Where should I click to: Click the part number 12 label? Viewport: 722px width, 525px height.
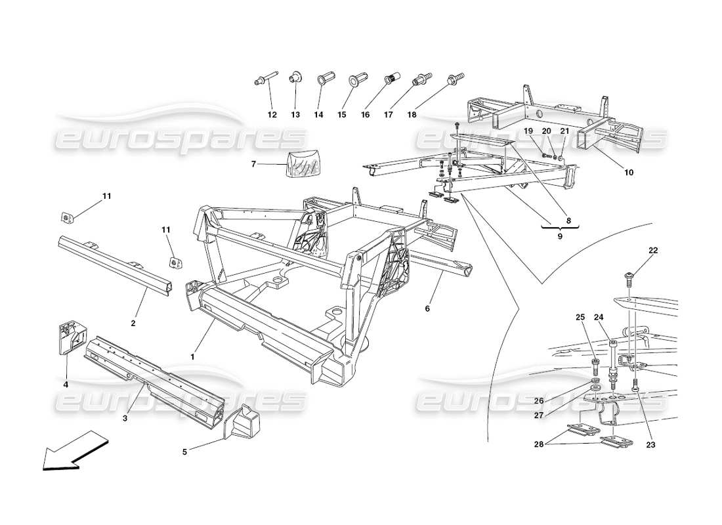tap(272, 115)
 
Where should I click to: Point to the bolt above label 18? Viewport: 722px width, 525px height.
tap(452, 79)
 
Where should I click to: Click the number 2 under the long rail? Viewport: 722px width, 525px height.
tap(133, 323)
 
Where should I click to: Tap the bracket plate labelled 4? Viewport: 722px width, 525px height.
tap(67, 337)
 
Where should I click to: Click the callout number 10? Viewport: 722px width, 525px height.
tap(628, 173)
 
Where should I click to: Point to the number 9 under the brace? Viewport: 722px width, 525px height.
tap(560, 236)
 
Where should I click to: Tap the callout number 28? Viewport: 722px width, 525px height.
tap(539, 445)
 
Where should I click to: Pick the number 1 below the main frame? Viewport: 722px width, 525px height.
tap(192, 356)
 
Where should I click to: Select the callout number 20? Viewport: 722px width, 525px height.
tap(546, 131)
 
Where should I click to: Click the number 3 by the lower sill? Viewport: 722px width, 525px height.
tap(125, 418)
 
